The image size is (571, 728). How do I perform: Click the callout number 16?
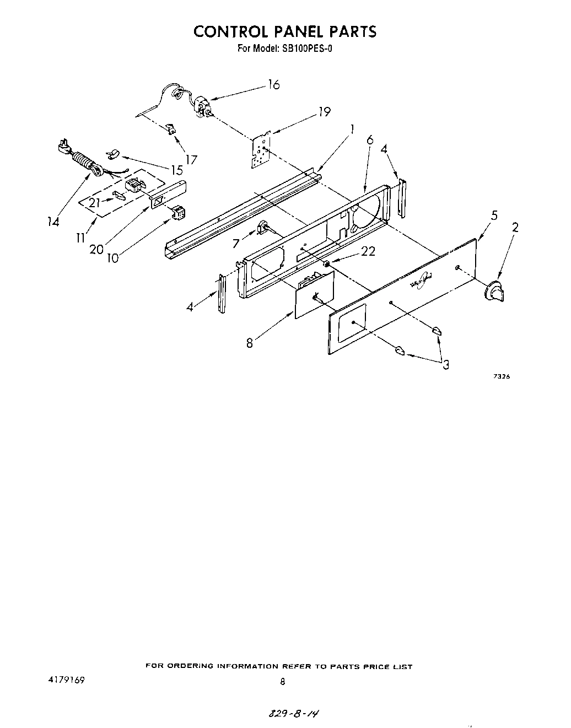pyautogui.click(x=274, y=85)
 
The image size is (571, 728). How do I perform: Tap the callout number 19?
pyautogui.click(x=324, y=112)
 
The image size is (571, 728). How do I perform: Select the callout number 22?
pyautogui.click(x=368, y=251)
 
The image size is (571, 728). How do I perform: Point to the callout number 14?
pyautogui.click(x=53, y=222)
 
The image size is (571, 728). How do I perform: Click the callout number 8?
pyautogui.click(x=250, y=343)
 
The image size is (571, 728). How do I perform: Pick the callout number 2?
pyautogui.click(x=515, y=227)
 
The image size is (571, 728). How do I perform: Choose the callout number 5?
pyautogui.click(x=494, y=215)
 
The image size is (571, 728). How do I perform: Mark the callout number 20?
pyautogui.click(x=96, y=249)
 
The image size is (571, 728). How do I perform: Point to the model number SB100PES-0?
pyautogui.click(x=309, y=48)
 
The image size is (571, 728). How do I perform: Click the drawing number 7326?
pyautogui.click(x=501, y=377)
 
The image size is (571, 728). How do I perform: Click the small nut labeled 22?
pyautogui.click(x=327, y=264)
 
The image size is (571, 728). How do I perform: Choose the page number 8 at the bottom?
pyautogui.click(x=283, y=681)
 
